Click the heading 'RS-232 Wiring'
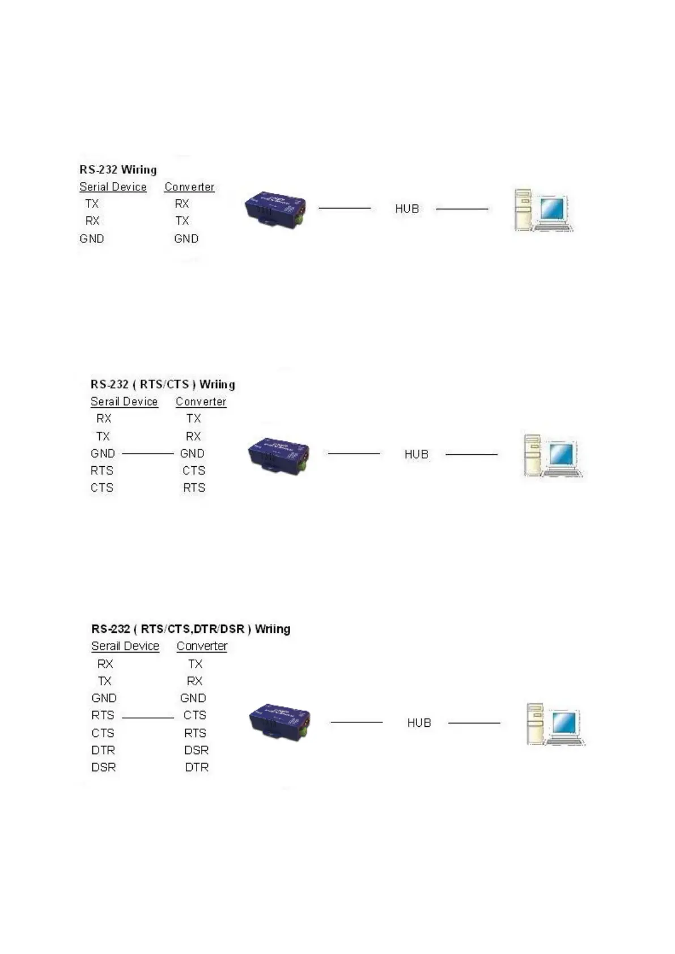pos(118,169)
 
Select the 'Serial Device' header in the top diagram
pos(113,187)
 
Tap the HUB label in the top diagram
pos(407,209)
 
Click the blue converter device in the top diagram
pos(275,210)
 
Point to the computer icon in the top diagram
pos(543,210)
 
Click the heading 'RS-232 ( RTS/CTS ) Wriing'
pos(163,384)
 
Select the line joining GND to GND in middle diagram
pos(147,454)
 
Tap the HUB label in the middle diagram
pos(416,454)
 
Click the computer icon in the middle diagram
pos(552,455)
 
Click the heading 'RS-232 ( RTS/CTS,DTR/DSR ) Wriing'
pos(190,629)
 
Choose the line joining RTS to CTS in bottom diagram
pos(148,718)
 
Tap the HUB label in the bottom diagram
pos(419,723)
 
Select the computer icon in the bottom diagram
pos(555,724)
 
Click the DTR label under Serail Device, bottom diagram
pos(103,750)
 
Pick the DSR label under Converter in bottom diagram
pos(196,750)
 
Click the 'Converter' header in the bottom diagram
pos(202,646)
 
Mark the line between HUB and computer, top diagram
pos(462,209)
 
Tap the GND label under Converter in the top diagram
pos(186,238)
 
